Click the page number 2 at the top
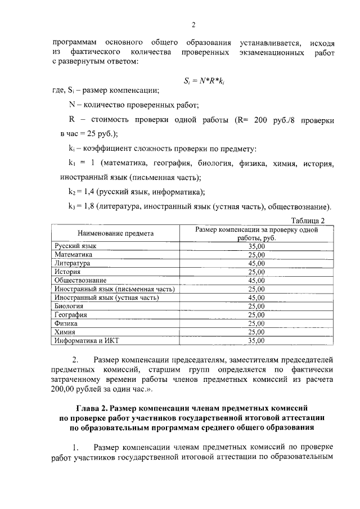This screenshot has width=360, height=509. tap(193, 25)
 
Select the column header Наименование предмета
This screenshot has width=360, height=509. tap(116, 233)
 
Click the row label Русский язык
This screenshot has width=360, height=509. tap(76, 246)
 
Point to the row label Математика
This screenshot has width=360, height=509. tap(73, 254)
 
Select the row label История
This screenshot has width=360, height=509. tap(68, 271)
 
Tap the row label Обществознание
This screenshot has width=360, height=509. tap(80, 280)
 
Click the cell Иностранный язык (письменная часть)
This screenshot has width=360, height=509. tap(114, 289)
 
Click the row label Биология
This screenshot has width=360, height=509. tap(69, 306)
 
